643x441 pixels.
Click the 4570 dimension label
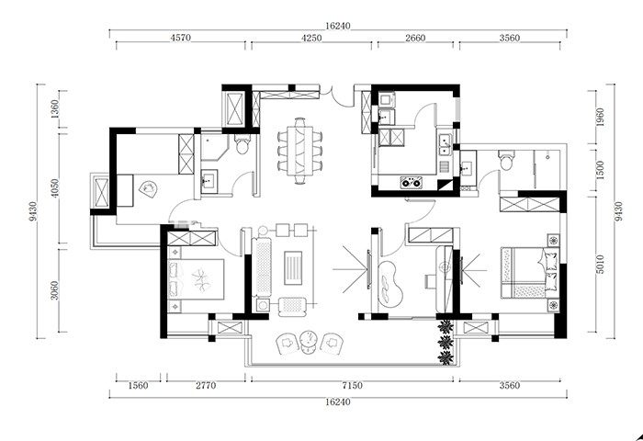(x=180, y=38)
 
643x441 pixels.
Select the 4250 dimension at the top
(x=311, y=38)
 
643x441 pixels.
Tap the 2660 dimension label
(x=415, y=38)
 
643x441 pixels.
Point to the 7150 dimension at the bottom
(x=352, y=385)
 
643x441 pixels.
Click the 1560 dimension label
(x=138, y=385)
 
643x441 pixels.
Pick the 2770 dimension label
(x=206, y=385)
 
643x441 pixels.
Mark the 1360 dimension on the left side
(x=55, y=108)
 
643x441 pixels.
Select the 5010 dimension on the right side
(x=600, y=265)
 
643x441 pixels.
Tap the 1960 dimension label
(x=600, y=118)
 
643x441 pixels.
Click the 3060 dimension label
(x=55, y=290)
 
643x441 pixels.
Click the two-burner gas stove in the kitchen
(x=412, y=182)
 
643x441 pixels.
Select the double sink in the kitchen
(x=445, y=145)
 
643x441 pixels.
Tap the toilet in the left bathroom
(x=243, y=144)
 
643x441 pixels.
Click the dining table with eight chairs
(x=299, y=151)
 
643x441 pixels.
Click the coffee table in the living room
(x=293, y=268)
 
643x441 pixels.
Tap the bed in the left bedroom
(x=196, y=279)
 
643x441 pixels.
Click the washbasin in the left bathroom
(x=209, y=181)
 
